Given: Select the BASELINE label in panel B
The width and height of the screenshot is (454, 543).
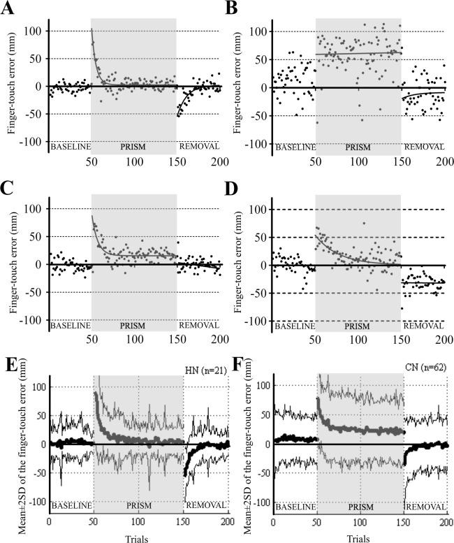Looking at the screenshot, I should [x=294, y=147].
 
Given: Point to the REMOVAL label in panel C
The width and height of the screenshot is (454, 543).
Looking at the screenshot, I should [x=200, y=325].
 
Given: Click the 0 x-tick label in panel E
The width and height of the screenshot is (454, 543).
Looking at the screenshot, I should [x=49, y=521].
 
